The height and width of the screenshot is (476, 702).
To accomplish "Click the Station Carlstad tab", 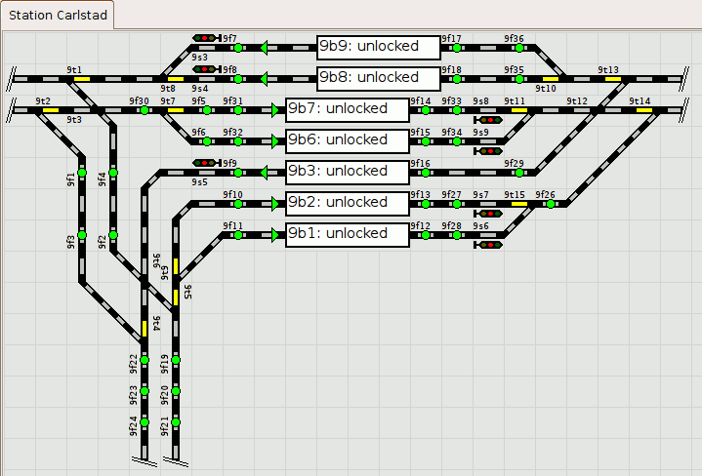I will (x=57, y=15).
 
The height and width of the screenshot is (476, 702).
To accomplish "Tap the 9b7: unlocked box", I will (x=347, y=109).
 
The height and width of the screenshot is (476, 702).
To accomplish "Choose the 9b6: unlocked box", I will (x=347, y=140).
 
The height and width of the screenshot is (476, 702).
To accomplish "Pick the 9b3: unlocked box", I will (x=347, y=172).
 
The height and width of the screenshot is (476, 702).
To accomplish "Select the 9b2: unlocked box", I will (x=347, y=203).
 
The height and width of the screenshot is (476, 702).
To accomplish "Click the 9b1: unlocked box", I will (x=347, y=234).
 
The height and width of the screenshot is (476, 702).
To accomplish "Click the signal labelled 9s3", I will (x=205, y=38).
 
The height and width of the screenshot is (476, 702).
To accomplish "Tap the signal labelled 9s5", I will (x=205, y=163).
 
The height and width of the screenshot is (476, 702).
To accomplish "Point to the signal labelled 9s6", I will (x=488, y=245).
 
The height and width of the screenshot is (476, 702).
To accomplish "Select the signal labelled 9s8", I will (x=488, y=120).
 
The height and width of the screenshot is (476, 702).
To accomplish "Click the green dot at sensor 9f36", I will (x=519, y=47).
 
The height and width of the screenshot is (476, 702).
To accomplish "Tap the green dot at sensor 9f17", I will (x=456, y=47).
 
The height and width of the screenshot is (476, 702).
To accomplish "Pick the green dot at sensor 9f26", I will (x=551, y=204).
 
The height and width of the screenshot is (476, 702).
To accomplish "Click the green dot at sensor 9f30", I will (x=145, y=110).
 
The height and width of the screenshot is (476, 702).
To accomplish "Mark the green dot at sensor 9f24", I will (x=145, y=423).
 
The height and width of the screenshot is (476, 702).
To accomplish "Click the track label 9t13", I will (x=607, y=70).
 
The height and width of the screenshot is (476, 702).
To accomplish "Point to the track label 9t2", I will (x=42, y=101).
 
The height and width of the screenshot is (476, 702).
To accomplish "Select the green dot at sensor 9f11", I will (x=237, y=235).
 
